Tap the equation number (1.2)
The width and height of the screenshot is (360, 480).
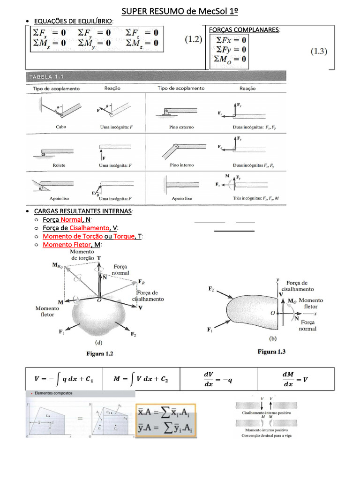192,40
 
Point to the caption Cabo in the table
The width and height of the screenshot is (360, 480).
61,127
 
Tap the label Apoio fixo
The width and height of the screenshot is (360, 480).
181,199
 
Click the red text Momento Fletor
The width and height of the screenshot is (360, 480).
66,245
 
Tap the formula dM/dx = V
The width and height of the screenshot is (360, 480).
295,379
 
